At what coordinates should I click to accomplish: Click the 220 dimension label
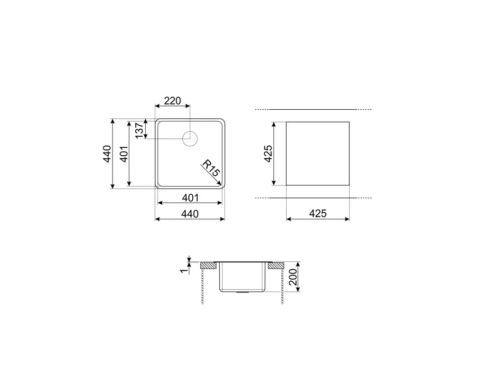172,101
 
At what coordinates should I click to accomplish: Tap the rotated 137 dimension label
139,130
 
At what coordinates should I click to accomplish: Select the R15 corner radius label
211,168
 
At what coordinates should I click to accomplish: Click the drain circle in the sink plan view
190,138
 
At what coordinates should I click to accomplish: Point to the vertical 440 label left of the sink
107,153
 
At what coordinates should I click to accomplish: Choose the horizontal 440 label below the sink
190,214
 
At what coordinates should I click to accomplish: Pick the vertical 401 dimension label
124,153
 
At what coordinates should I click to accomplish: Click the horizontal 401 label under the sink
190,198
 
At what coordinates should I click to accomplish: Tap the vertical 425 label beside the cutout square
268,153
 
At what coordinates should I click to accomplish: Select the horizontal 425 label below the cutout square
318,213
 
